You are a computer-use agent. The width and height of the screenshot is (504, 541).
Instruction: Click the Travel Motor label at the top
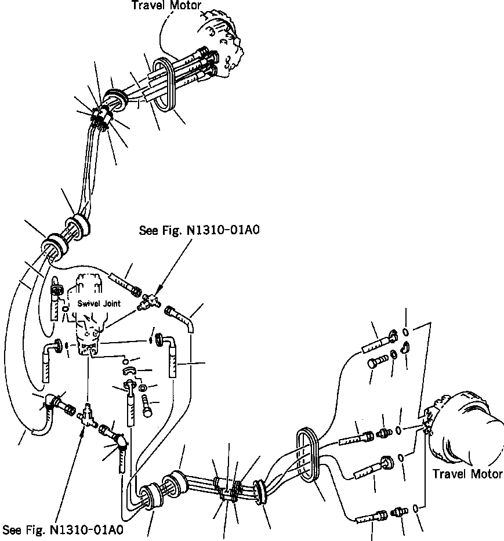166,6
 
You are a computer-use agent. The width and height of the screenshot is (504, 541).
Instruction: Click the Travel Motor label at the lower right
467,474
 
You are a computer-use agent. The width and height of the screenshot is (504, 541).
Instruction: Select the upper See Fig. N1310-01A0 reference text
199,230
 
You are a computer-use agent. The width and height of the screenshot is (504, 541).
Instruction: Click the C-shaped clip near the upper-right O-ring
407,348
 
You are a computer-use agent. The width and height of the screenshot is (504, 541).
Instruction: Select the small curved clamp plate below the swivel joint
129,370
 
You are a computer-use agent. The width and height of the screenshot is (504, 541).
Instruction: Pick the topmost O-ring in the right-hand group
406,332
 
